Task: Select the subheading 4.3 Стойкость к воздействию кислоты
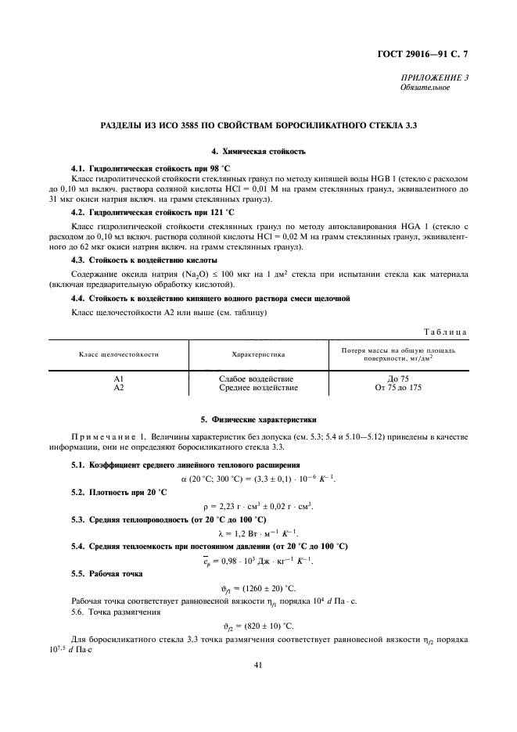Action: [x=144, y=260]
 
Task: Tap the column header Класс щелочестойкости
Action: [x=119, y=354]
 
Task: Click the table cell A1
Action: [x=119, y=379]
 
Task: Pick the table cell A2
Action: [x=119, y=387]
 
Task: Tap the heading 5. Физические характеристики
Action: [x=258, y=420]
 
